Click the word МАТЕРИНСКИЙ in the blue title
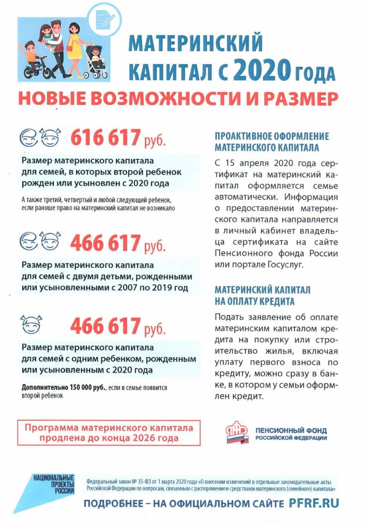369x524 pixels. pos(196,44)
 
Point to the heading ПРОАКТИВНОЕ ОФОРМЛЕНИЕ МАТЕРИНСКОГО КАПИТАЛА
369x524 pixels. pos(272,142)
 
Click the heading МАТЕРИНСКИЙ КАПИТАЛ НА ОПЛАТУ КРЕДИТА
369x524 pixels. pos(262,296)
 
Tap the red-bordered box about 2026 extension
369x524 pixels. pos(109,433)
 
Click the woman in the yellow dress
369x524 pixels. pos(74,44)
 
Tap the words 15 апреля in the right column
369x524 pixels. pos(247,164)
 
